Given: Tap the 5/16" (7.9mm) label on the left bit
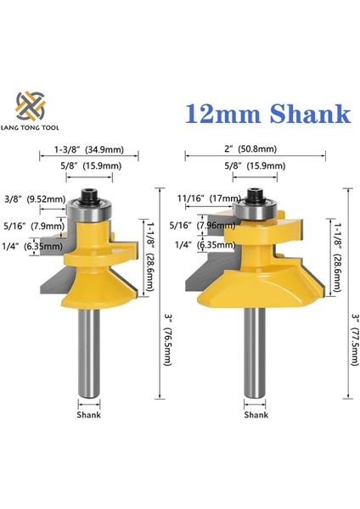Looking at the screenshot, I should pos(31,227).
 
